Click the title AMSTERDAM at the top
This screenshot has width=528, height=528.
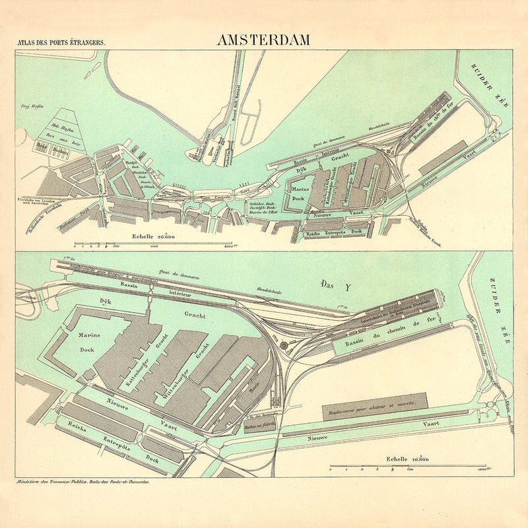tap(263, 40)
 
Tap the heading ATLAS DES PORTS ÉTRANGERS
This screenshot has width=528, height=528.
tap(61, 43)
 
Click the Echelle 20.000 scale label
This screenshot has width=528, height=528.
tap(153, 236)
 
